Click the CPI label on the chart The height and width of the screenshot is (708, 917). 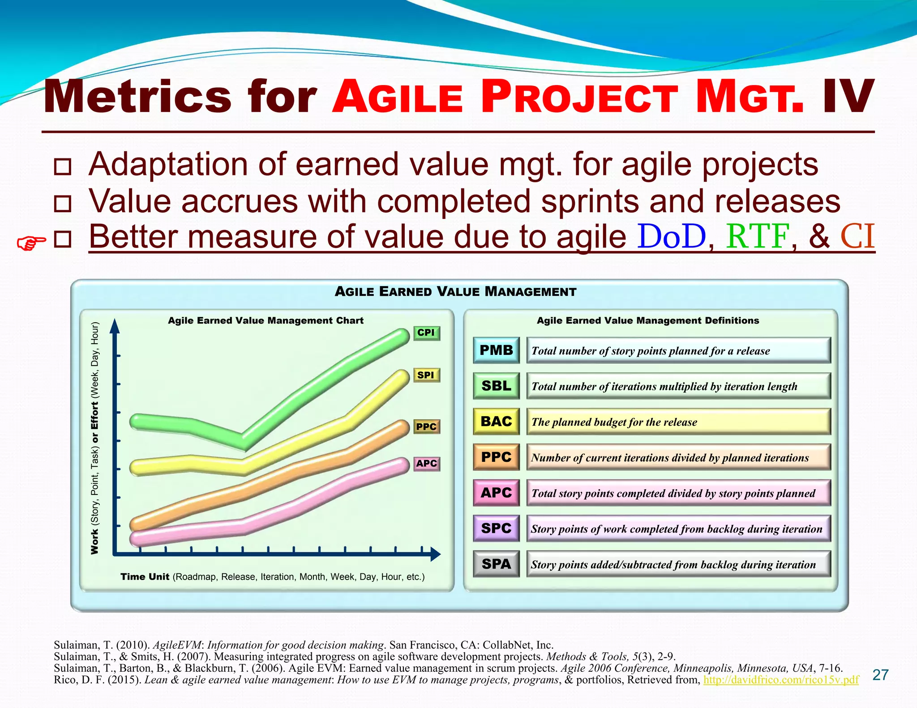[x=426, y=333]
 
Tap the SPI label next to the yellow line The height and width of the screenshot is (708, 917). [x=426, y=375]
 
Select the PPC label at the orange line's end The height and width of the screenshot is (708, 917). [x=426, y=427]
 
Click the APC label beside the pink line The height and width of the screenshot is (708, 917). [x=426, y=464]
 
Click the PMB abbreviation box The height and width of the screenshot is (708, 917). [x=496, y=350]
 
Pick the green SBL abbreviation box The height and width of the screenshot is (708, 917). [x=496, y=386]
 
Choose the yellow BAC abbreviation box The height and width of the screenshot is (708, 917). [x=496, y=421]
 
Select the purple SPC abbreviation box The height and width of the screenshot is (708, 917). [x=496, y=528]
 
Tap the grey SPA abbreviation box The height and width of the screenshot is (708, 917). [x=496, y=564]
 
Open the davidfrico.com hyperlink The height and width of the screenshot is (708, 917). [x=781, y=680]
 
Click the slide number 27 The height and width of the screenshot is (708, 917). [x=880, y=675]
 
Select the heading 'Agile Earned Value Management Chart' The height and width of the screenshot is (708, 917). [x=266, y=320]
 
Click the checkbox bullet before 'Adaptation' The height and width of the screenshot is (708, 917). [x=62, y=166]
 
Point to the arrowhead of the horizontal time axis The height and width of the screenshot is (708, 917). [x=435, y=554]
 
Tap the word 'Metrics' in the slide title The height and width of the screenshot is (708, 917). [x=137, y=97]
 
